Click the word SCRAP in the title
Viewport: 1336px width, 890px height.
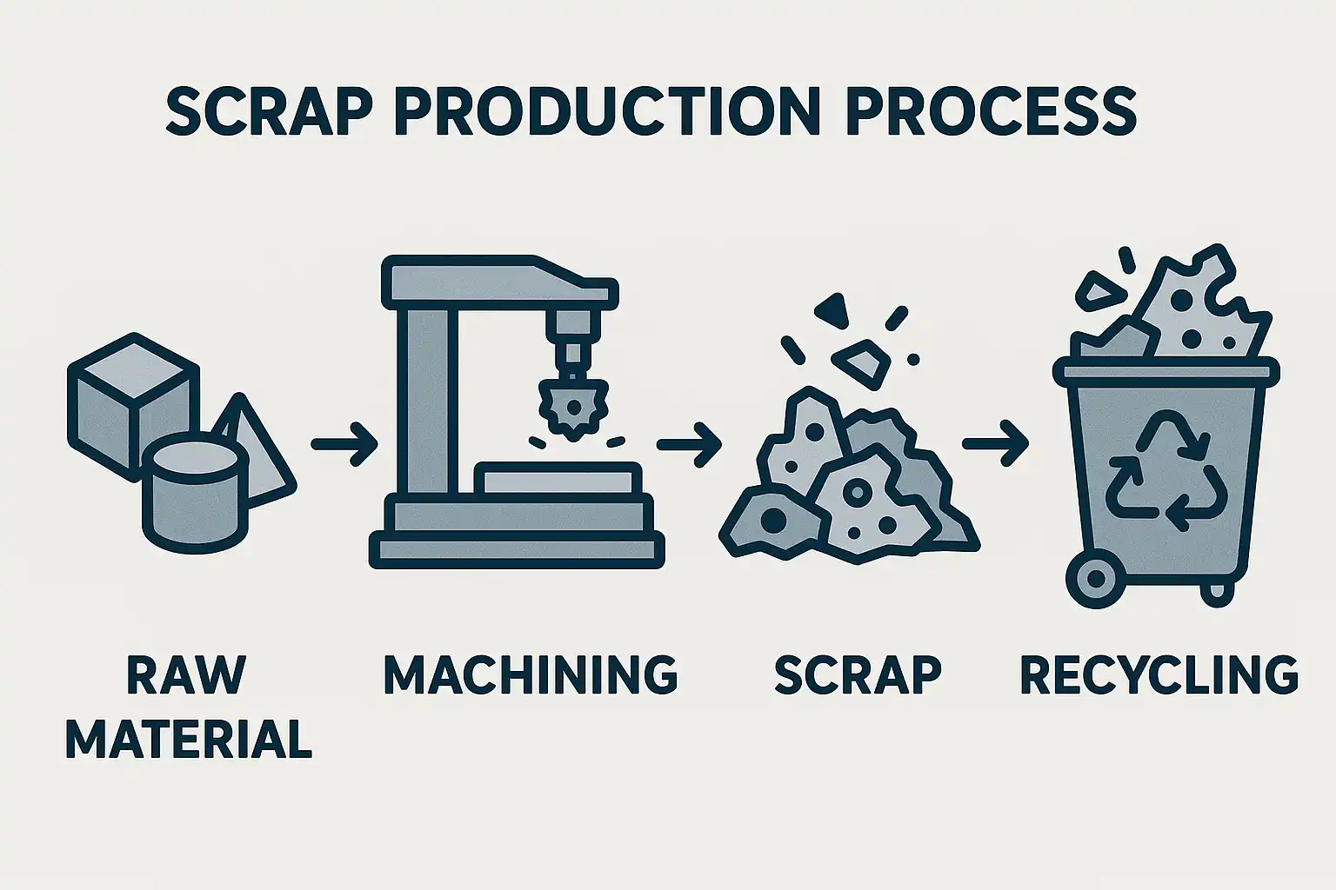(x=272, y=113)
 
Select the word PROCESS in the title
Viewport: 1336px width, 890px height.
(x=992, y=113)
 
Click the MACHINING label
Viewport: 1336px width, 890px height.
(x=531, y=674)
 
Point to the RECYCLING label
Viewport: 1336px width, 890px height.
(x=1159, y=674)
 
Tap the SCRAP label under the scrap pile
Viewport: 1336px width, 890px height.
(x=858, y=674)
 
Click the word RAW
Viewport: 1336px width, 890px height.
(x=187, y=674)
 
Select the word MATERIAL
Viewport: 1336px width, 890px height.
(x=189, y=739)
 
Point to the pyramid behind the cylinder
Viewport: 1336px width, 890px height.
(x=263, y=453)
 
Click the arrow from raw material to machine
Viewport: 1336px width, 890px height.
(x=344, y=444)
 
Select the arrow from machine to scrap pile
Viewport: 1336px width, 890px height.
(x=689, y=444)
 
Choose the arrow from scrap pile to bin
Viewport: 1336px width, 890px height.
(x=995, y=444)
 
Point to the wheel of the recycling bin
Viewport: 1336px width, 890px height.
(x=1096, y=578)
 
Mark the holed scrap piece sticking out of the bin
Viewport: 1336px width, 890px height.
(x=1199, y=310)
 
